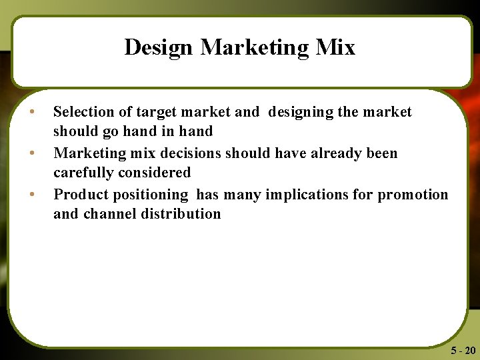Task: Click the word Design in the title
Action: pos(159,48)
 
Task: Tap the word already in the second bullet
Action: pos(329,153)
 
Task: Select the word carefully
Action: pos(83,173)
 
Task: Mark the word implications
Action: pos(309,195)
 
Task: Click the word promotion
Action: pos(413,195)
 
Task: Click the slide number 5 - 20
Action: pos(463,350)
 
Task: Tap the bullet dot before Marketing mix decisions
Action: pos(31,153)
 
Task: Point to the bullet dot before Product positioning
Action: pos(31,194)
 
